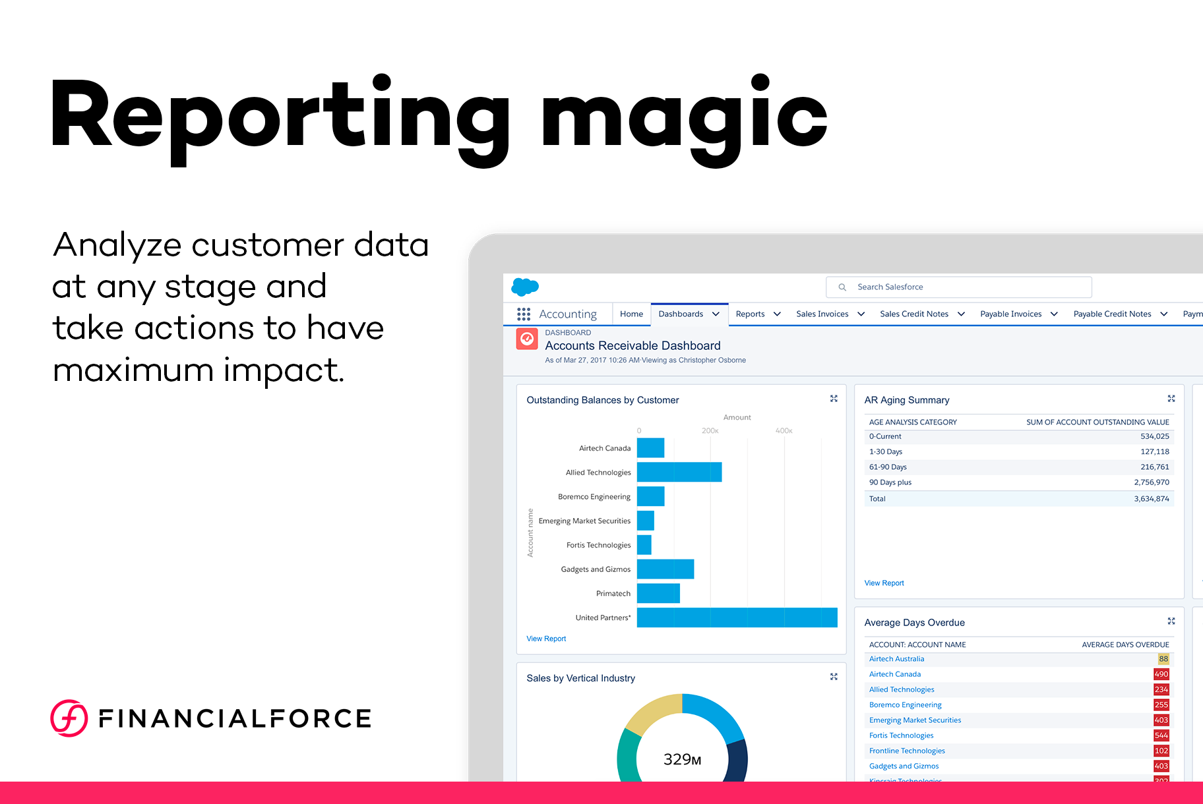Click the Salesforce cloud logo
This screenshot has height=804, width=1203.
[525, 287]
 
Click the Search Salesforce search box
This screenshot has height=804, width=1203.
[958, 287]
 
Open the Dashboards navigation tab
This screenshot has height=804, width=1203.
[681, 314]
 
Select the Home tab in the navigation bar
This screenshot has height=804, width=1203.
[631, 314]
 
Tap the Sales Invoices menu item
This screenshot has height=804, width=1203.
[822, 314]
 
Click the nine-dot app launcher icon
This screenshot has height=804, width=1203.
[524, 314]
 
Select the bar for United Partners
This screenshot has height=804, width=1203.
[737, 617]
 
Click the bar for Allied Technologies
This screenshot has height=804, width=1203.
[679, 472]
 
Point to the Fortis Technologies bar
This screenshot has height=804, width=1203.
[644, 545]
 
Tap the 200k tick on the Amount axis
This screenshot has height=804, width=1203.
[710, 431]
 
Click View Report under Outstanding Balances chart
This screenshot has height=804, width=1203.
[546, 639]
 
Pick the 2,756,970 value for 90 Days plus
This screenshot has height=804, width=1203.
[1151, 482]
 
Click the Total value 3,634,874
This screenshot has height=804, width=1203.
[1151, 499]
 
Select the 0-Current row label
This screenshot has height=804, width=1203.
[885, 436]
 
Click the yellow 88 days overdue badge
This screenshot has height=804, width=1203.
[1163, 659]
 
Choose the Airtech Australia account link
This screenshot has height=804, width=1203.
[896, 659]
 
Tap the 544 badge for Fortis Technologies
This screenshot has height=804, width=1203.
[1161, 735]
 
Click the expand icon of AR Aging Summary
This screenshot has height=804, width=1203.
[1171, 399]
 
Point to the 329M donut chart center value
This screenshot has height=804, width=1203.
[682, 760]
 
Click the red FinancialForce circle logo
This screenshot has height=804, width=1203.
[69, 718]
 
